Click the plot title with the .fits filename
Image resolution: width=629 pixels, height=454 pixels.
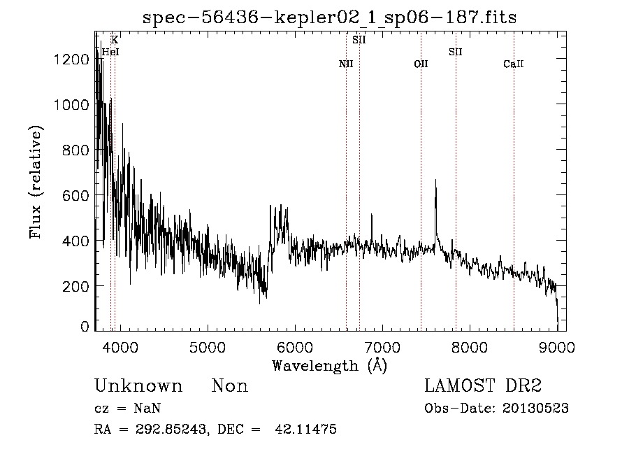(x=329, y=17)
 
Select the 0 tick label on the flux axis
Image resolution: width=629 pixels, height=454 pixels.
(x=85, y=327)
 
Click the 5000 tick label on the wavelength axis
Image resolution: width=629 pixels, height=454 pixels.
(x=207, y=347)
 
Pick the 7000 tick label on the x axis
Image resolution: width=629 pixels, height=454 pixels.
(x=382, y=347)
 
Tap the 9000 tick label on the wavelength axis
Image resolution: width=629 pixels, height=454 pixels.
(x=557, y=347)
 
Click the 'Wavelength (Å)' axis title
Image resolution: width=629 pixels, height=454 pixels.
(x=329, y=365)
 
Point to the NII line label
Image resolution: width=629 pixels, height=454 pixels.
(x=346, y=64)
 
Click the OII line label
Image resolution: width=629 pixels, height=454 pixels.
(x=421, y=64)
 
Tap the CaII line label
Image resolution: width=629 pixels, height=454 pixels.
(x=514, y=64)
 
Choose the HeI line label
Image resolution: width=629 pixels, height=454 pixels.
(x=110, y=52)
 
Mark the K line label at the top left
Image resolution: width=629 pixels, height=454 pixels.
(x=115, y=40)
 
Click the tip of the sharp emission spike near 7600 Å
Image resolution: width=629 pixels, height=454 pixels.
(x=436, y=180)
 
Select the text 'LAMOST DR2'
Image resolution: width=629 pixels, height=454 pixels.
(x=483, y=386)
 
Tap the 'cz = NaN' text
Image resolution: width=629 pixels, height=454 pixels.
(x=129, y=409)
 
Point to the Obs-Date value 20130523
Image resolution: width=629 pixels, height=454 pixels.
(x=537, y=409)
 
